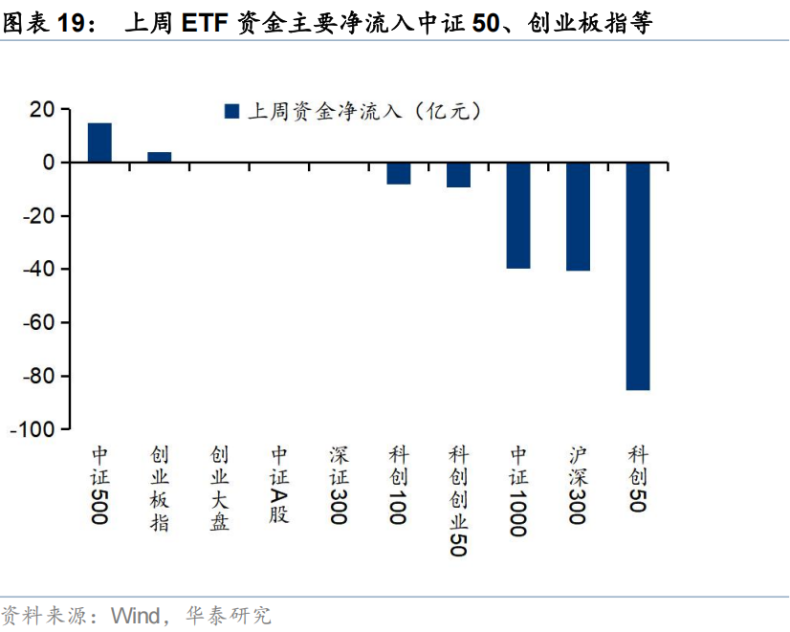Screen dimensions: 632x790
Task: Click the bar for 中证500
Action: click(x=99, y=142)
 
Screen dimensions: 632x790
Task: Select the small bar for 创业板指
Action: click(x=159, y=158)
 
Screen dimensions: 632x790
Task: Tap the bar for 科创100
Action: click(x=398, y=173)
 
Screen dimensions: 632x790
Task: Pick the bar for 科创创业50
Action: click(x=458, y=175)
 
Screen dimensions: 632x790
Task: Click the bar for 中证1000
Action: click(x=518, y=215)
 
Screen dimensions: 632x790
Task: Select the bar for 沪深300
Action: click(x=578, y=216)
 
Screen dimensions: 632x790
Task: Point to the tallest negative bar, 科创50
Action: click(x=638, y=276)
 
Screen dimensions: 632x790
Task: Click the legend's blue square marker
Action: click(x=230, y=112)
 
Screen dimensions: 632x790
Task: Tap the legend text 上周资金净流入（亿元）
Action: click(x=363, y=112)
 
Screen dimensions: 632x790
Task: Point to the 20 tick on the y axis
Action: click(x=42, y=109)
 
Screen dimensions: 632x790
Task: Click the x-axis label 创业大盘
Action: click(x=219, y=488)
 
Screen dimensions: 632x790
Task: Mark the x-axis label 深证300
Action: click(x=339, y=485)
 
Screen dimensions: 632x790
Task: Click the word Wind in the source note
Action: click(x=136, y=615)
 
